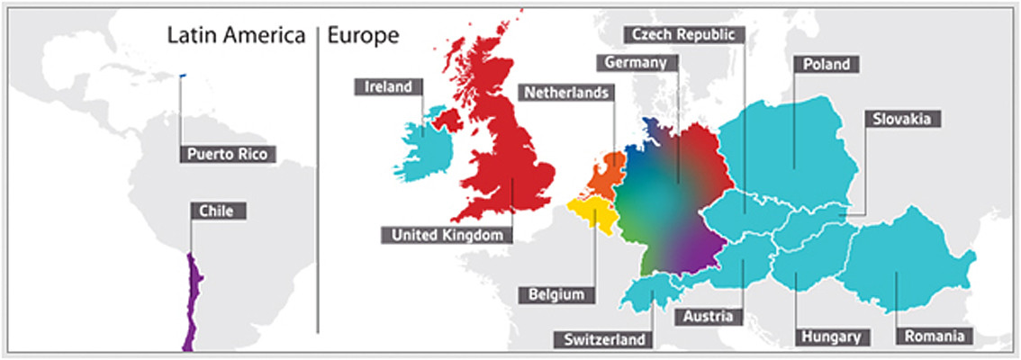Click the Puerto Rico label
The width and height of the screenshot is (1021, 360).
pyautogui.click(x=229, y=153)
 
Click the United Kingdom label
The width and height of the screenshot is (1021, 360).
pyautogui.click(x=447, y=235)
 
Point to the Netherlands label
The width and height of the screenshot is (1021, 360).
pyautogui.click(x=566, y=92)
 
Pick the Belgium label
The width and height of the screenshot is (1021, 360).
pyautogui.click(x=556, y=294)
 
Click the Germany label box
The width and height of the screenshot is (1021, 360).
pyautogui.click(x=635, y=63)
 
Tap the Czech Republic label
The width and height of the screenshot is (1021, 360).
pyautogui.click(x=684, y=34)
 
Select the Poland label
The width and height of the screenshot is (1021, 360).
pyautogui.click(x=822, y=64)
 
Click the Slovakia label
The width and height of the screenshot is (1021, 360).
pyautogui.click(x=903, y=118)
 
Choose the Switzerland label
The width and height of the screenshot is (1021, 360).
pyautogui.click(x=605, y=339)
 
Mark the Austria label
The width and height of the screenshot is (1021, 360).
pyautogui.click(x=707, y=317)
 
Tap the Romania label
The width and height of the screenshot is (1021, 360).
pyautogui.click(x=932, y=337)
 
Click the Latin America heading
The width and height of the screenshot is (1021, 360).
pyautogui.click(x=237, y=36)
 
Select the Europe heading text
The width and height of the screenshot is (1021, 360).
pyautogui.click(x=363, y=36)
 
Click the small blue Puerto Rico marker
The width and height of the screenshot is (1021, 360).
pyautogui.click(x=183, y=76)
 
